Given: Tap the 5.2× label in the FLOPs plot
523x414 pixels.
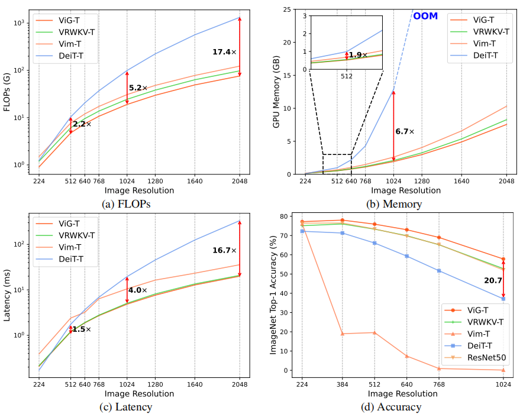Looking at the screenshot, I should (138, 88).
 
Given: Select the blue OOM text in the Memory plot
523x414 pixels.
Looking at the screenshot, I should (425, 16).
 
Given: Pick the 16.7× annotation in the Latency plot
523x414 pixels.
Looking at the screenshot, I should (224, 250).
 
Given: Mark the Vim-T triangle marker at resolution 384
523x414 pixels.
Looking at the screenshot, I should (342, 334).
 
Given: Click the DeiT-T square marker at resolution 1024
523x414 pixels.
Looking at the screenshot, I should (503, 299).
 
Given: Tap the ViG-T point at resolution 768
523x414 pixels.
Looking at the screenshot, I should (439, 237).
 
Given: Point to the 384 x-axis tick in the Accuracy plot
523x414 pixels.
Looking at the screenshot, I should (342, 383).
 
